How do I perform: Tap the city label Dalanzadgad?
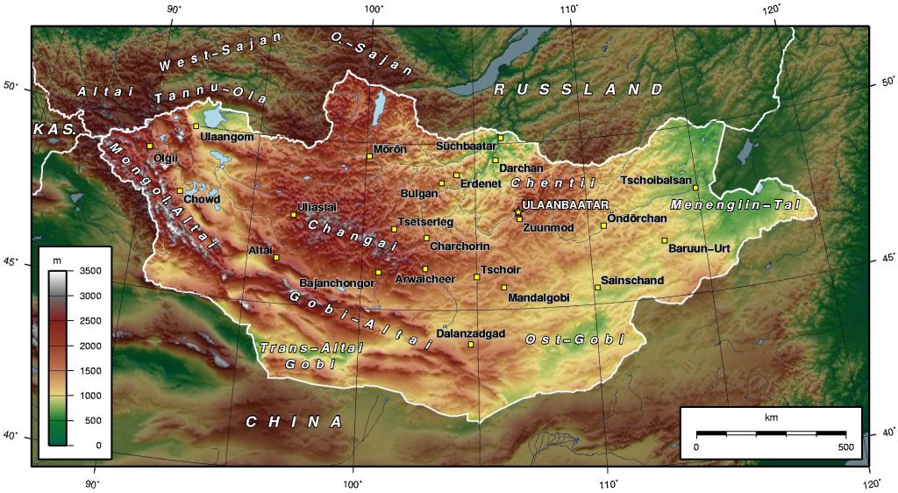point(471,333)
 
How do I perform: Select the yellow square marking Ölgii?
point(150,146)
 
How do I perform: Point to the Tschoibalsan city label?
point(656,180)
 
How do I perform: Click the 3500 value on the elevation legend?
point(92,272)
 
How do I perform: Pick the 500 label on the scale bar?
point(845,447)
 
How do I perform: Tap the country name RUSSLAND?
point(579,89)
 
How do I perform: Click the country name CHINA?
point(294,422)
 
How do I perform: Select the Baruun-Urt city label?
point(699,248)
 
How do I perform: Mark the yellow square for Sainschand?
point(598,287)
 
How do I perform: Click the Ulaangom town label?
point(227,137)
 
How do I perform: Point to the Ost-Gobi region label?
point(574,339)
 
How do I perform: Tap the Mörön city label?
point(390,149)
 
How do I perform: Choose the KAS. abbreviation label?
point(55,129)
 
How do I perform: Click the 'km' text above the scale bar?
point(771,417)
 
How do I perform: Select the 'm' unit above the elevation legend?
point(57,261)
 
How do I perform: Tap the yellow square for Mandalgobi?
point(504,287)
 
